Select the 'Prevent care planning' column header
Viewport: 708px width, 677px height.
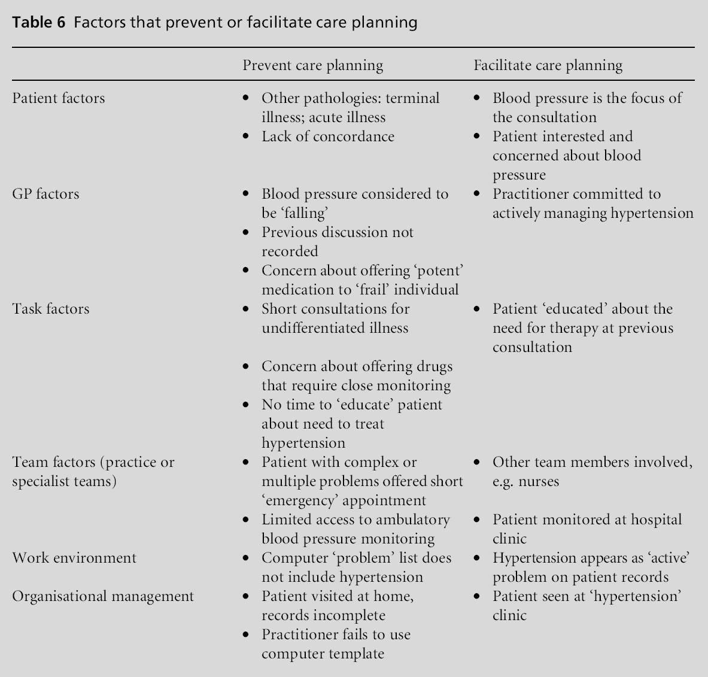(312, 65)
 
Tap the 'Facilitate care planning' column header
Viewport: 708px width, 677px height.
(548, 65)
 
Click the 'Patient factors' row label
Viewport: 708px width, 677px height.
(58, 98)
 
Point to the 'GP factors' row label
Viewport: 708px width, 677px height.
(45, 194)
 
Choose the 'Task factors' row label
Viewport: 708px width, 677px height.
(51, 309)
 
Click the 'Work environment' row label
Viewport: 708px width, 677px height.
(74, 558)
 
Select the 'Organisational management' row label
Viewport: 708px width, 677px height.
(103, 596)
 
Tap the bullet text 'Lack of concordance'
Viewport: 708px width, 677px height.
(328, 136)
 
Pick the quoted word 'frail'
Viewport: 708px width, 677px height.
(372, 290)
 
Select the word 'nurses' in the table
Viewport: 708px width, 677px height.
(540, 481)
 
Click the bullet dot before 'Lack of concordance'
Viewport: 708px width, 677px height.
(245, 136)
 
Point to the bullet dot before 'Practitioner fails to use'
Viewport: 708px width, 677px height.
(245, 635)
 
